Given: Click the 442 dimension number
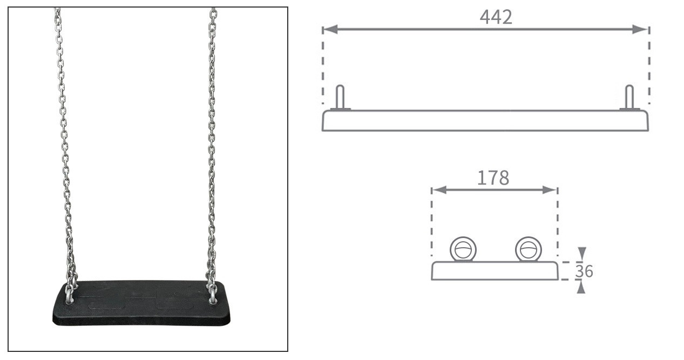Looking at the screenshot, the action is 496,17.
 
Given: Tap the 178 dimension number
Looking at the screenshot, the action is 493,178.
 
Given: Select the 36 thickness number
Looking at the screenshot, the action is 584,271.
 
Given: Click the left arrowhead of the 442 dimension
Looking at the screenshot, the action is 330,29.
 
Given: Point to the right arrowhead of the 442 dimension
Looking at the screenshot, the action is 640,29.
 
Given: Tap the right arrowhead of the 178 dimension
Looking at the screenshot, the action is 550,190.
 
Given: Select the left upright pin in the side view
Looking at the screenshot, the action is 340,98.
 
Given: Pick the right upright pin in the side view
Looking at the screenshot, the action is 629,98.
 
